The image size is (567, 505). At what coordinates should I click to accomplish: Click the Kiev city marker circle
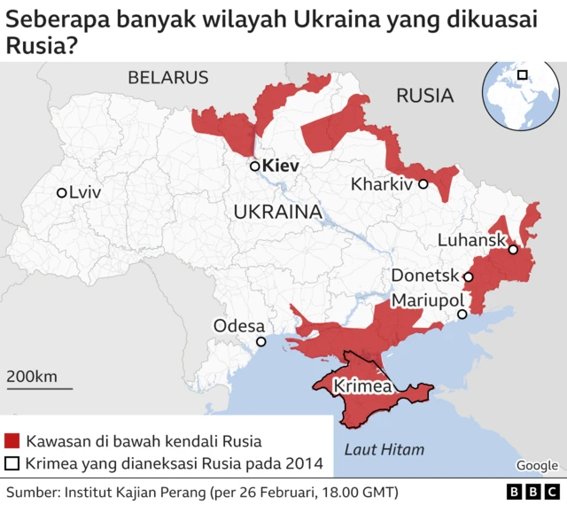(254, 166)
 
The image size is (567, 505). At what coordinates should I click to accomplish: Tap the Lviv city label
(85, 192)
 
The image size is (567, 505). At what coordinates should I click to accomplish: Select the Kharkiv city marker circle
(423, 184)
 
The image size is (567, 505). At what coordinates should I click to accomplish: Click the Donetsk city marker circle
(469, 276)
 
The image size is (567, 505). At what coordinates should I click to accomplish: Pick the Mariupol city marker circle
(462, 315)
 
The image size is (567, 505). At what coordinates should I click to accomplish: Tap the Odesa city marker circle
(260, 342)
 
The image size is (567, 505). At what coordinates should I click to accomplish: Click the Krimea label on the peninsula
(362, 387)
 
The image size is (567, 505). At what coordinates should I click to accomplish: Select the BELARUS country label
(168, 77)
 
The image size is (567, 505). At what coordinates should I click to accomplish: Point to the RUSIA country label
(424, 96)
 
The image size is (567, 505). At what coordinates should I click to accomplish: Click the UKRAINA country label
(277, 212)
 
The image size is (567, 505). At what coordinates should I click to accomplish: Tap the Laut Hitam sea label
(384, 450)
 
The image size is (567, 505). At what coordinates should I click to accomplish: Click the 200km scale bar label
(32, 377)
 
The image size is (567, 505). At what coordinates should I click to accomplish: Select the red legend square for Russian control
(12, 440)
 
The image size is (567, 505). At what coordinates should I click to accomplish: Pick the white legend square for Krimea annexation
(12, 462)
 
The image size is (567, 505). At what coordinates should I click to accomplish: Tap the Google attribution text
(537, 465)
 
